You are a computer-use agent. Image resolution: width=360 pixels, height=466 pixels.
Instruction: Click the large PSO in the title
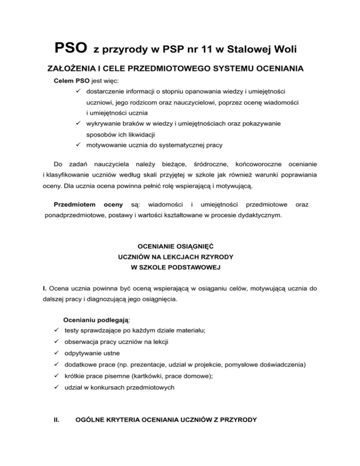(x=71, y=47)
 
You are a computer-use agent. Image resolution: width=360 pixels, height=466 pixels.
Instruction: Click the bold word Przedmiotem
(x=74, y=204)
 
